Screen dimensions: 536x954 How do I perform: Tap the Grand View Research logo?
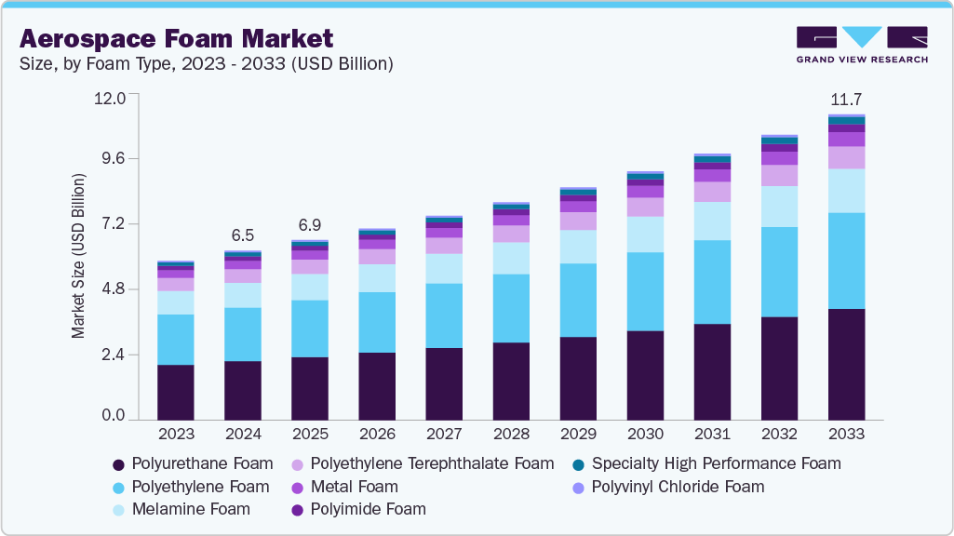(862, 45)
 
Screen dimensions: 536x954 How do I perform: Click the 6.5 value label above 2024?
(242, 235)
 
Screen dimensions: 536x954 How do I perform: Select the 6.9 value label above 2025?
(309, 225)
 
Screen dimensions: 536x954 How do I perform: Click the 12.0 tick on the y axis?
(116, 98)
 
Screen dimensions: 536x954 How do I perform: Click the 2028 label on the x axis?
(511, 434)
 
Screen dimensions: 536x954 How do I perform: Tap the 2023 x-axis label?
(176, 434)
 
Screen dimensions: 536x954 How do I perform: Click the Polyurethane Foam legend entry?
(193, 463)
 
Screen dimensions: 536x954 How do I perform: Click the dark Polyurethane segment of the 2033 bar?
(846, 364)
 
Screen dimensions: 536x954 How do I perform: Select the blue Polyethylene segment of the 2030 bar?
(645, 291)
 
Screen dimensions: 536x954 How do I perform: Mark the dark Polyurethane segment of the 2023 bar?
(176, 392)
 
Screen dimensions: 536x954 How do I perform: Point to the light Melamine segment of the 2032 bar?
(779, 207)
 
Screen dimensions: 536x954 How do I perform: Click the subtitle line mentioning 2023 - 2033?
(206, 64)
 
